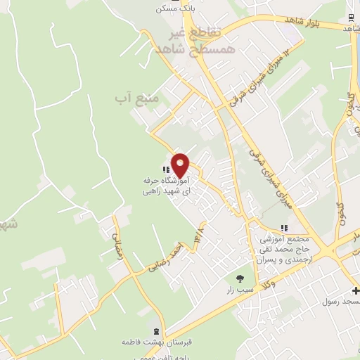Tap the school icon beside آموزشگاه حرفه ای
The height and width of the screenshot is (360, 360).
tap(165, 169)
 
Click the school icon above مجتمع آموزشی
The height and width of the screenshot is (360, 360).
tap(284, 228)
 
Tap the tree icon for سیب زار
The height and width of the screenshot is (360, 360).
tap(240, 279)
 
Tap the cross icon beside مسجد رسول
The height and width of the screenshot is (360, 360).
tap(355, 291)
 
